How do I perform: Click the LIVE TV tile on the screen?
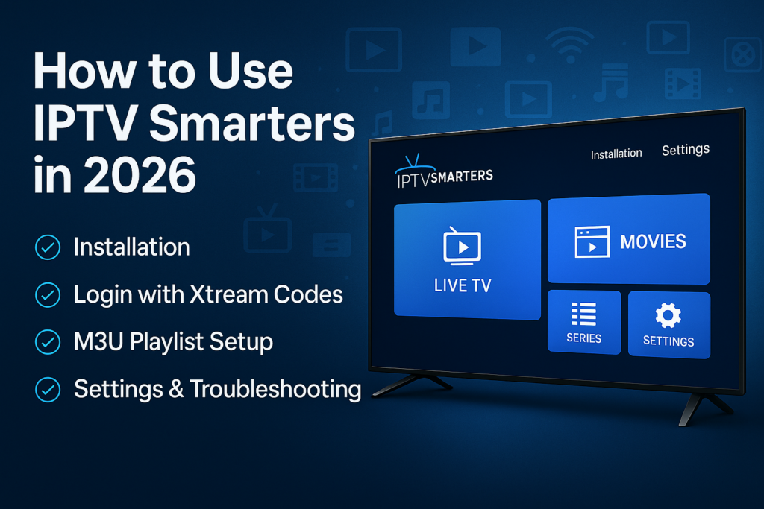tap(466, 259)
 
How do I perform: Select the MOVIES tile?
tap(629, 239)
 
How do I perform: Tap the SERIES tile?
tap(583, 322)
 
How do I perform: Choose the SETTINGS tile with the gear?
tap(668, 325)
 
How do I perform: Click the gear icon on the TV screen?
tap(668, 316)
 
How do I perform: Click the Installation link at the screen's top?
tap(616, 154)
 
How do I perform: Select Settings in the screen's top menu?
tap(686, 150)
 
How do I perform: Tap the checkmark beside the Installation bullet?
tap(48, 247)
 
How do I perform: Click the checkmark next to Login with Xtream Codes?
tap(48, 295)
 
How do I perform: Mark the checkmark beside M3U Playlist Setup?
tap(48, 342)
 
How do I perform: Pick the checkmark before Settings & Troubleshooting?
tap(48, 389)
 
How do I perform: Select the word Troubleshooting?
tap(275, 389)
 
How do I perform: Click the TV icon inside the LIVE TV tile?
tap(463, 247)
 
